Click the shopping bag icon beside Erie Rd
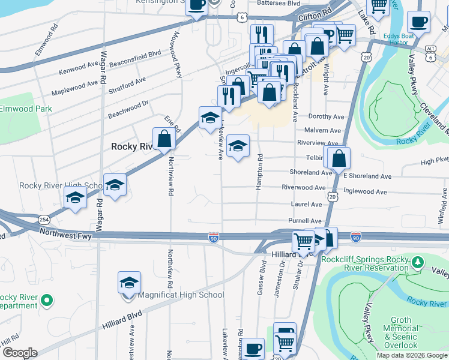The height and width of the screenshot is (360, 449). (x=164, y=139)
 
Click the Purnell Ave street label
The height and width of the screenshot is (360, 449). (x=306, y=221)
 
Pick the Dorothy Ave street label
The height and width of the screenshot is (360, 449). (x=326, y=116)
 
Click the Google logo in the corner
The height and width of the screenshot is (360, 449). (x=20, y=353)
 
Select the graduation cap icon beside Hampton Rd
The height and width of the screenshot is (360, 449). (x=238, y=146)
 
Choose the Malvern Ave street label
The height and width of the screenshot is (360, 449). (x=322, y=130)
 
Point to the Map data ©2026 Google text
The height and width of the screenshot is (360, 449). (x=411, y=355)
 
